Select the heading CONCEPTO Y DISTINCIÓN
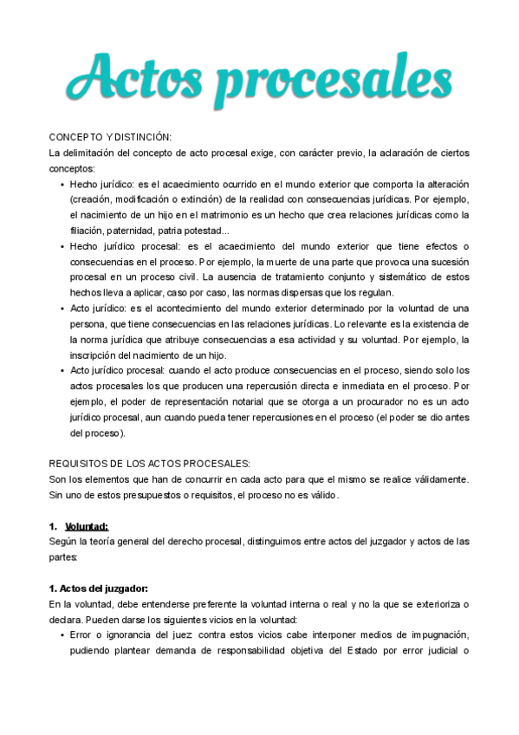pyautogui.click(x=110, y=138)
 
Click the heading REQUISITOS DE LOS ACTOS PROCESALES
pyautogui.click(x=149, y=464)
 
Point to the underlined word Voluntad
pyautogui.click(x=87, y=525)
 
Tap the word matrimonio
pyautogui.click(x=252, y=215)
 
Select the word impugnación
pyautogui.click(x=428, y=635)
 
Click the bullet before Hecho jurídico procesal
pyautogui.click(x=61, y=246)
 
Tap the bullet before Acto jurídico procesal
pyautogui.click(x=61, y=370)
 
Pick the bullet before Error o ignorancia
pyautogui.click(x=61, y=635)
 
